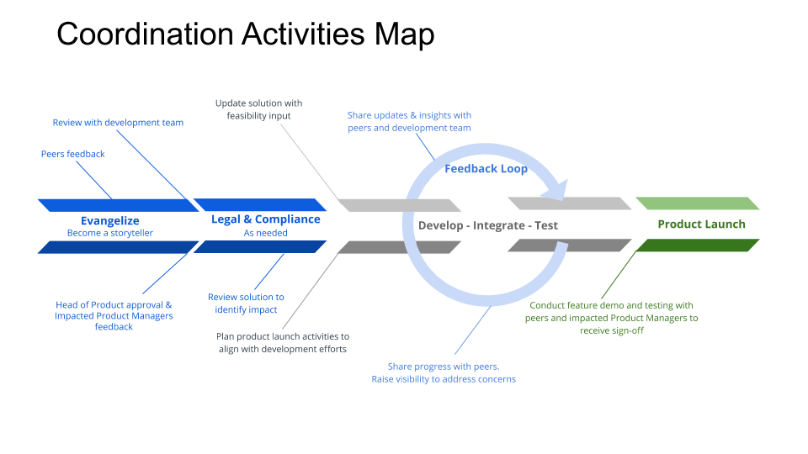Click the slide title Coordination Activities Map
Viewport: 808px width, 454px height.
pyautogui.click(x=245, y=34)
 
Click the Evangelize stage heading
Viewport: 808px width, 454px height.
pyautogui.click(x=110, y=220)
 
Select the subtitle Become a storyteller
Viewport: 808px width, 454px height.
pyautogui.click(x=110, y=233)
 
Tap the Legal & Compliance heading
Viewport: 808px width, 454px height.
pyautogui.click(x=265, y=219)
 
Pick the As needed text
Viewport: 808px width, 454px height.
pyautogui.click(x=265, y=233)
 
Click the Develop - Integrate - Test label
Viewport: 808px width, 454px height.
pyautogui.click(x=488, y=225)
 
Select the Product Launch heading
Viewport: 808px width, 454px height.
pyautogui.click(x=701, y=224)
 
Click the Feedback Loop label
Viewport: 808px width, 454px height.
pyautogui.click(x=486, y=169)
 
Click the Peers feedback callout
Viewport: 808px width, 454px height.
pyautogui.click(x=73, y=154)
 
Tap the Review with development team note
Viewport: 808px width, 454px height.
pyautogui.click(x=118, y=123)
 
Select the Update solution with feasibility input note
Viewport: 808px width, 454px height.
pyautogui.click(x=258, y=109)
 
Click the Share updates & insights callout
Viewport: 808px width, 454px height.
pyautogui.click(x=409, y=121)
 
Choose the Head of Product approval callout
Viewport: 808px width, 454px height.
pyautogui.click(x=114, y=315)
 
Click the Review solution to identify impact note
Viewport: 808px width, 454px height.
pyautogui.click(x=246, y=303)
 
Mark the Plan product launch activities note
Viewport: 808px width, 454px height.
pyautogui.click(x=282, y=342)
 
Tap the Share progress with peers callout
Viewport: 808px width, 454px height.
pyautogui.click(x=444, y=372)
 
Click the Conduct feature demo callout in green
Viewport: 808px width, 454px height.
pyautogui.click(x=612, y=318)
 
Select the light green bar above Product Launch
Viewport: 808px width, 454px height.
pyautogui.click(x=697, y=203)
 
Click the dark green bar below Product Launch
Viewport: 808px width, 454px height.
pyautogui.click(x=697, y=245)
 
